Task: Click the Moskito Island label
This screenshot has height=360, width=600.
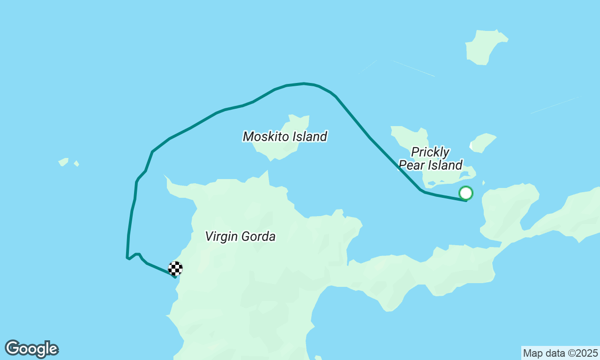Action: pyautogui.click(x=285, y=136)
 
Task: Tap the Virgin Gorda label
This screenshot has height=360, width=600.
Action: pyautogui.click(x=240, y=236)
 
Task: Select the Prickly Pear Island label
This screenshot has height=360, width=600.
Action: pyautogui.click(x=431, y=158)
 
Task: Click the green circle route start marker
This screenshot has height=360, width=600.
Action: pyautogui.click(x=465, y=193)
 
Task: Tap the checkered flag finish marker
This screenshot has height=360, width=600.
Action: pyautogui.click(x=175, y=268)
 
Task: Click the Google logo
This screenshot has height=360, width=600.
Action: pyautogui.click(x=31, y=349)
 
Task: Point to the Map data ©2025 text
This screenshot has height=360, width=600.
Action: pyautogui.click(x=560, y=353)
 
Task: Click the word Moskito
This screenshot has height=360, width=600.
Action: pyautogui.click(x=266, y=136)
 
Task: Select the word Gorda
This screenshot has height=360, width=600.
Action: pyautogui.click(x=260, y=236)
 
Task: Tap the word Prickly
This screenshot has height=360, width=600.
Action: pyautogui.click(x=430, y=152)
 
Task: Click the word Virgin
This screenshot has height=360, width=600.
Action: pyautogui.click(x=222, y=236)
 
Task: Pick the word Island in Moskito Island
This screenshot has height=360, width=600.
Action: pyautogui.click(x=309, y=136)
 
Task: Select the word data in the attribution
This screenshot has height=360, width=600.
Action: pyautogui.click(x=553, y=353)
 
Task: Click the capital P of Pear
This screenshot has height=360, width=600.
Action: pyautogui.click(x=403, y=165)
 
